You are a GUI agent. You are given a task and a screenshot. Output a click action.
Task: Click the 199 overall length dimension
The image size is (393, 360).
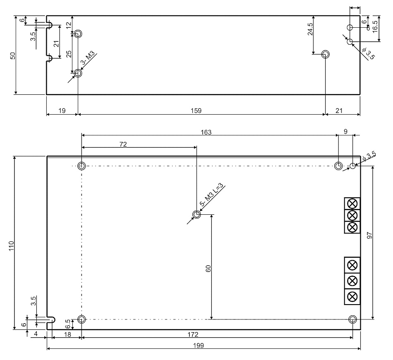coord(199,346)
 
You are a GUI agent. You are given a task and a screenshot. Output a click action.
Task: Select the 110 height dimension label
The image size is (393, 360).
coord(11,246)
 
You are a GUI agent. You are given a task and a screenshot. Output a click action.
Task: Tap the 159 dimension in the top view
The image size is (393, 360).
coord(196,110)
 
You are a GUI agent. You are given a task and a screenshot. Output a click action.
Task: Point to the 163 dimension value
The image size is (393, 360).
coord(206,132)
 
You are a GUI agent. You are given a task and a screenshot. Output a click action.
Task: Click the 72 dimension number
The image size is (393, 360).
coord(123,144)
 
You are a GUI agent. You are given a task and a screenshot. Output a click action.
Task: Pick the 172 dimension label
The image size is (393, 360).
coord(193,334)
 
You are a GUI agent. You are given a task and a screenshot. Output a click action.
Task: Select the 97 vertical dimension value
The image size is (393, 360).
coord(369,235)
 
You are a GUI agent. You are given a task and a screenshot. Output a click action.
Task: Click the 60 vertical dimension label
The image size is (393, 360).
coord(208,269)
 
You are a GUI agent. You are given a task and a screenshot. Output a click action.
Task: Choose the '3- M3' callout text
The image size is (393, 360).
coord(87,58)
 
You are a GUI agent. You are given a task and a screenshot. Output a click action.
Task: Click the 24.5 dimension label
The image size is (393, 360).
coord(310,29)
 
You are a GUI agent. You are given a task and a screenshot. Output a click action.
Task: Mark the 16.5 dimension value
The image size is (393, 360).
coord(375,25)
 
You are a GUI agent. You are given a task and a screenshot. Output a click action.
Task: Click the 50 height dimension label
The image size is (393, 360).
coord(13,55)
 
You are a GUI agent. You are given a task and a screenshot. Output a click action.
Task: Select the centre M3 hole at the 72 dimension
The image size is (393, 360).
coord(197,215)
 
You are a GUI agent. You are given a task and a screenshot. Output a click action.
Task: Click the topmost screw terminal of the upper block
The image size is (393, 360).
coord(352,203)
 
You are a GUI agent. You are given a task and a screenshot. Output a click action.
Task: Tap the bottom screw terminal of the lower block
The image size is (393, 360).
coord(352,297)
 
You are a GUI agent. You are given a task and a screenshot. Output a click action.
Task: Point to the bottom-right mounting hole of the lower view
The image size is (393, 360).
coord(352,319)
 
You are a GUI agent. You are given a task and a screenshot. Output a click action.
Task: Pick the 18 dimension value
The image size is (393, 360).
coord(67,334)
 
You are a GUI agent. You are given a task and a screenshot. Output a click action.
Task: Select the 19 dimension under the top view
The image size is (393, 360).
coord(62,110)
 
